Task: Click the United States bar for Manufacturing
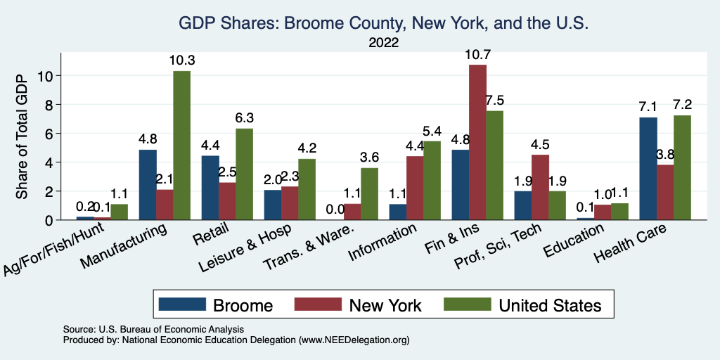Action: pos(181,146)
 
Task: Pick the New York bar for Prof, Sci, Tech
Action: pos(540,187)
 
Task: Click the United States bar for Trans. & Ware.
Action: pos(369,193)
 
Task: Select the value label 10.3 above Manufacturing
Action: pos(181,61)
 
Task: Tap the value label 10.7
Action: pos(477,54)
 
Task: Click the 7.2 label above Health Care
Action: pos(682,105)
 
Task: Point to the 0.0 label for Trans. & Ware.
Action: pos(335,209)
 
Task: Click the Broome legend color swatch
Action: pos(182,304)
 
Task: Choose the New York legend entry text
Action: pos(385,305)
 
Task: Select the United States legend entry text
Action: pos(550,305)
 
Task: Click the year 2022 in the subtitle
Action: pos(383,43)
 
